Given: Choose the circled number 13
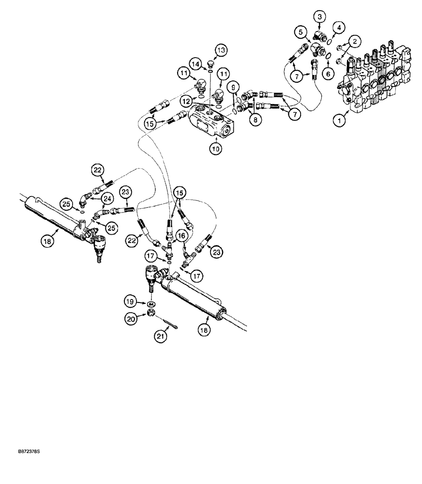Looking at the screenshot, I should point(220,50).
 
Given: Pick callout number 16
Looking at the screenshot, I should point(181,236).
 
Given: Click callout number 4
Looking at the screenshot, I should point(339,28).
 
